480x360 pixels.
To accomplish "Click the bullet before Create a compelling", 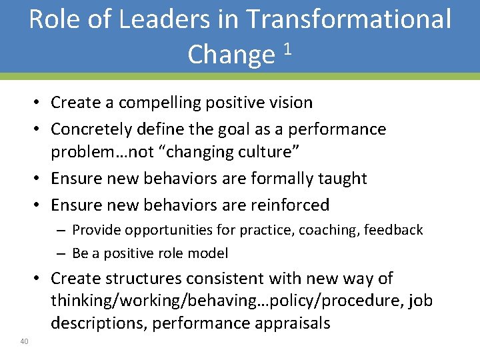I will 41,103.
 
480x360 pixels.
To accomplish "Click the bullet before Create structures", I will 41,279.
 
